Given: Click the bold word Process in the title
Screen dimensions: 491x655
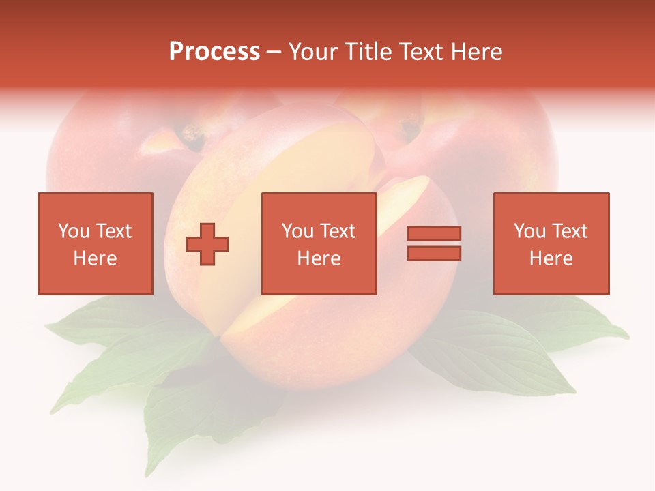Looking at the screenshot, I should coord(214,52).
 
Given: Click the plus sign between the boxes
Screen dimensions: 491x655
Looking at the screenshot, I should coord(207,244).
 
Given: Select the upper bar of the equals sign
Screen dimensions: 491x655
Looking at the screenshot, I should coord(434,234).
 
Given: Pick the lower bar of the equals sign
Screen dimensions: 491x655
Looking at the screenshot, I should coord(434,254).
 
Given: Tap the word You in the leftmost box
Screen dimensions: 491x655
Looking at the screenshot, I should coord(73,231).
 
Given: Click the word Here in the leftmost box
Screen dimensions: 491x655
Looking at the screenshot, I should coord(95,258).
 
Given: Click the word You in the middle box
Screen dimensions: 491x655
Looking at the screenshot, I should coord(297,231).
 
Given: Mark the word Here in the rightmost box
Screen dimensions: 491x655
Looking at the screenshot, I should coord(551,258).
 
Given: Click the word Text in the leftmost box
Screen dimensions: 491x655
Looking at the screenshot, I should coord(113,231).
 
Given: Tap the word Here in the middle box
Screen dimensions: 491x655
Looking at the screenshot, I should coord(319,258).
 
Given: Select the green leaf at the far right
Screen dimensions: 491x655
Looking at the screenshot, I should coord(594,327).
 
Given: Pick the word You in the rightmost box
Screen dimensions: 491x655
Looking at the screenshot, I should coord(529,231).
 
